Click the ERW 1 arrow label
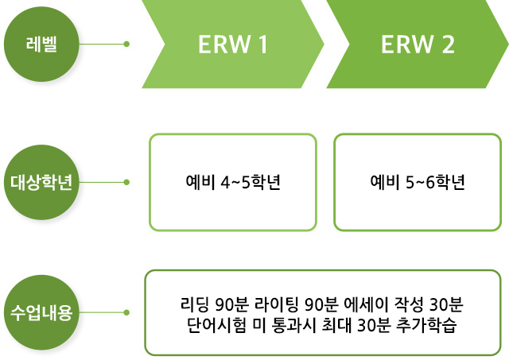tap(233, 45)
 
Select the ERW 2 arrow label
tap(418, 45)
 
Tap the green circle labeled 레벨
tap(41, 45)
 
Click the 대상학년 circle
tap(41, 182)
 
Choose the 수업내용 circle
tap(41, 312)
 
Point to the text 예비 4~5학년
tap(233, 182)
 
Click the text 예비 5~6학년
tap(418, 182)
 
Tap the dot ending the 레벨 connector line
tap(126, 44)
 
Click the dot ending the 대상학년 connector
tap(126, 182)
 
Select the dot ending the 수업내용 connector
tap(126, 312)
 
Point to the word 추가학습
tap(426, 325)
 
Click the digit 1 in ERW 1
tap(263, 45)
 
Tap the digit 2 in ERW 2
tap(449, 45)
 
